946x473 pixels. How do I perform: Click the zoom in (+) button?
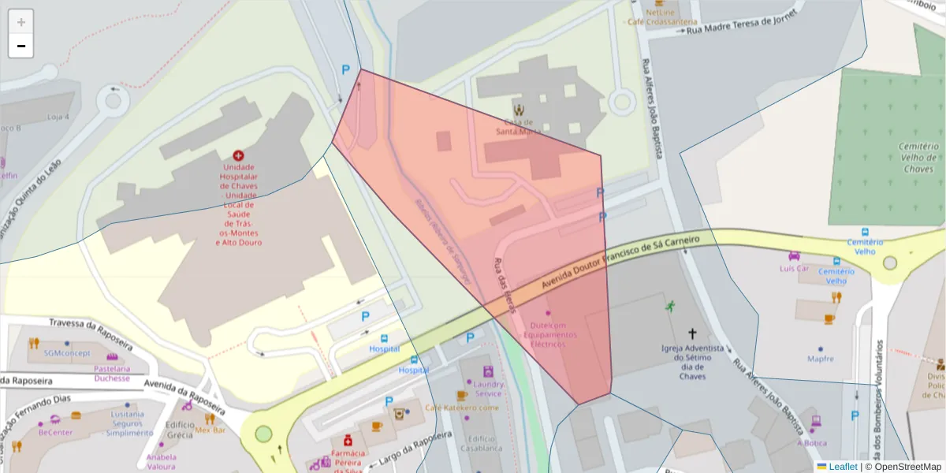pos(21,21)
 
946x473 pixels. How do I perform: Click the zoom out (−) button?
pos(21,46)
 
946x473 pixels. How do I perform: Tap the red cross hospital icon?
pos(239,157)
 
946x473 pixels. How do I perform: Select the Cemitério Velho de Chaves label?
pos(918,158)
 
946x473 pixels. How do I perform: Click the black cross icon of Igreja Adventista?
pos(693,333)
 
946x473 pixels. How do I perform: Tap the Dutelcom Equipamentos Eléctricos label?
pos(549,334)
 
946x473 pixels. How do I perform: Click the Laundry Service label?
pos(488,389)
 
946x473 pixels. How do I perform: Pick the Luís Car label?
pos(794,268)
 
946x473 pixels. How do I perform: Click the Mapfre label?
pos(821,359)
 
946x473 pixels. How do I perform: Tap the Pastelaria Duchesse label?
pos(112,373)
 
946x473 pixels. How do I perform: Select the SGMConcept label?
pos(66,352)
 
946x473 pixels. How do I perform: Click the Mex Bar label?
pos(210,430)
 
